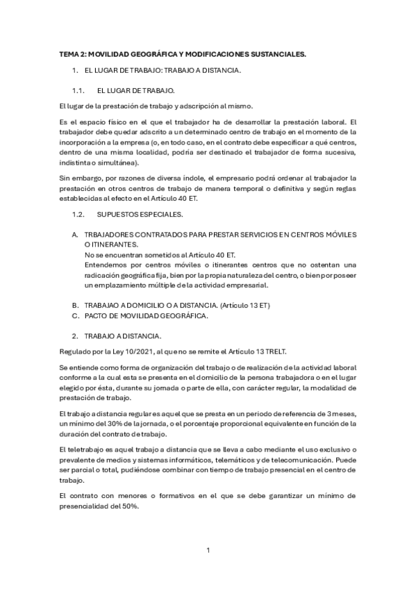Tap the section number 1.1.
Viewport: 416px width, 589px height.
(78, 90)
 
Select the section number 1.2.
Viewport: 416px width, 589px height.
(78, 215)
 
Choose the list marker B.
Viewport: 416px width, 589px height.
(75, 305)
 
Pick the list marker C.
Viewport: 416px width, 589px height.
(75, 315)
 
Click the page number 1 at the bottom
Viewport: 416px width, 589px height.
(208, 551)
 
